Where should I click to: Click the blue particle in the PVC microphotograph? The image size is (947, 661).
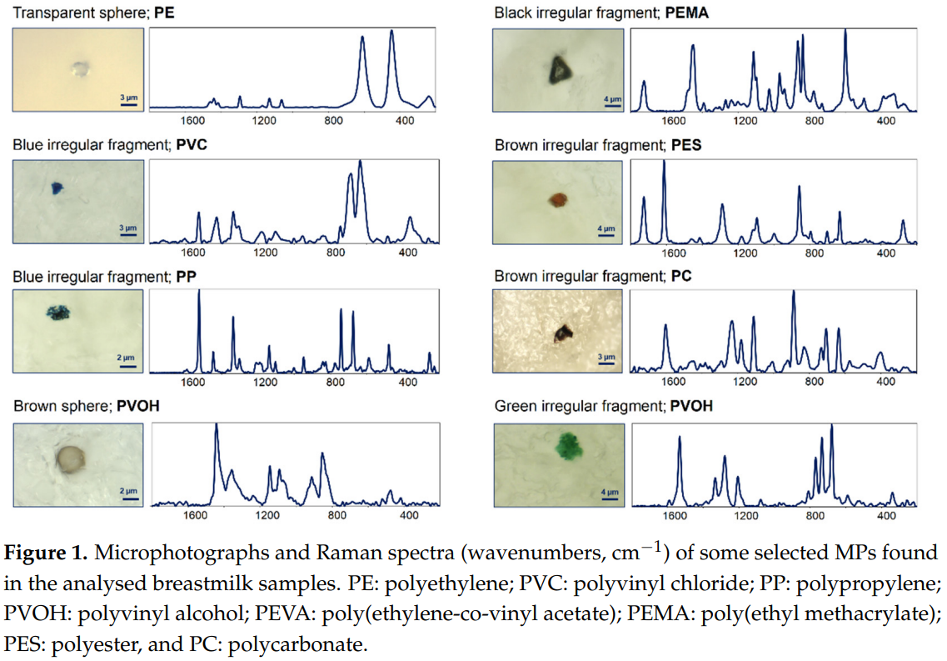coord(57,189)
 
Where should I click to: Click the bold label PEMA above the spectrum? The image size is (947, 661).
coord(687,13)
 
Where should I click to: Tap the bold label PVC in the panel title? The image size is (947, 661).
coord(192,144)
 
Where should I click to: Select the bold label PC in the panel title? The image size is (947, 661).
coord(680,276)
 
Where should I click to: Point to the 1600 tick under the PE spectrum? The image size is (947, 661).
coord(193,121)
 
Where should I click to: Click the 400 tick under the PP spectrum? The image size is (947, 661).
coord(408,383)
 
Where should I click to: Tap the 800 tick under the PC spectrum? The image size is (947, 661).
coord(815,383)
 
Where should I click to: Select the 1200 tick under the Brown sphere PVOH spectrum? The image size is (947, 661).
coord(267,515)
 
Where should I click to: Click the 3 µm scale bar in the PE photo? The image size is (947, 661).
coord(129,106)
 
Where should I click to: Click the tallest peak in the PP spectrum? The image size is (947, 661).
coord(199,292)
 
